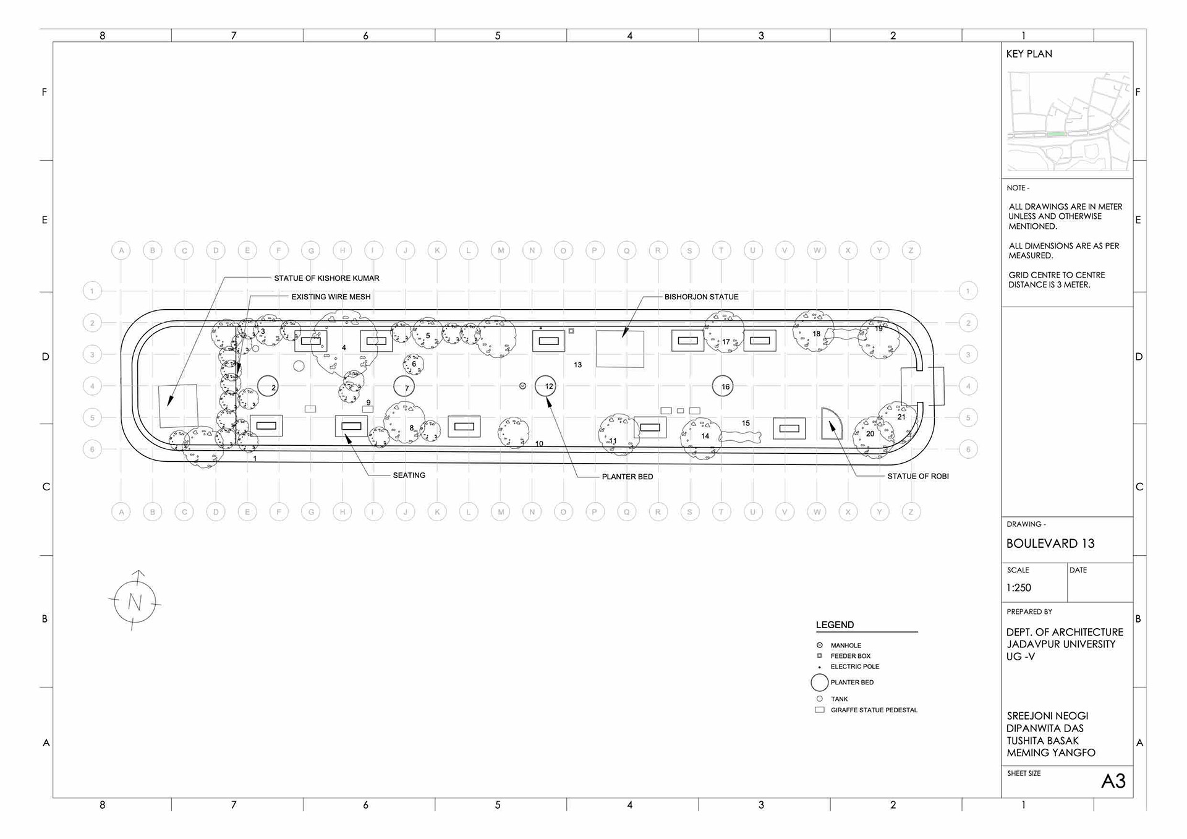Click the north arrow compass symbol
(x=135, y=602)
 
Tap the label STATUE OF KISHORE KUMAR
(x=326, y=278)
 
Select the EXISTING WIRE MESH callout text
(x=331, y=297)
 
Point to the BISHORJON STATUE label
(x=701, y=297)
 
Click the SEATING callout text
(x=409, y=475)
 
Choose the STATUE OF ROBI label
(x=917, y=476)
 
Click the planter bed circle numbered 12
(x=545, y=386)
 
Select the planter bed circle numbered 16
(x=722, y=386)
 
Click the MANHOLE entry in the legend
(x=846, y=645)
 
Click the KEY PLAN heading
(x=1029, y=54)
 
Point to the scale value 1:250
(x=1018, y=588)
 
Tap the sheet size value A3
(x=1113, y=782)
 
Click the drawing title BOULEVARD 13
(x=1050, y=543)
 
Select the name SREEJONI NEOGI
(x=1047, y=716)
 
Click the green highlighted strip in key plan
(x=1056, y=134)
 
